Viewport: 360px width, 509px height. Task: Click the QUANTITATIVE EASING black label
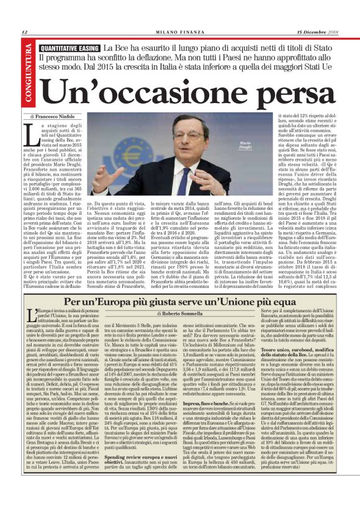coord(69,48)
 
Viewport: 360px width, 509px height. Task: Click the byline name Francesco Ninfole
coord(56,116)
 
